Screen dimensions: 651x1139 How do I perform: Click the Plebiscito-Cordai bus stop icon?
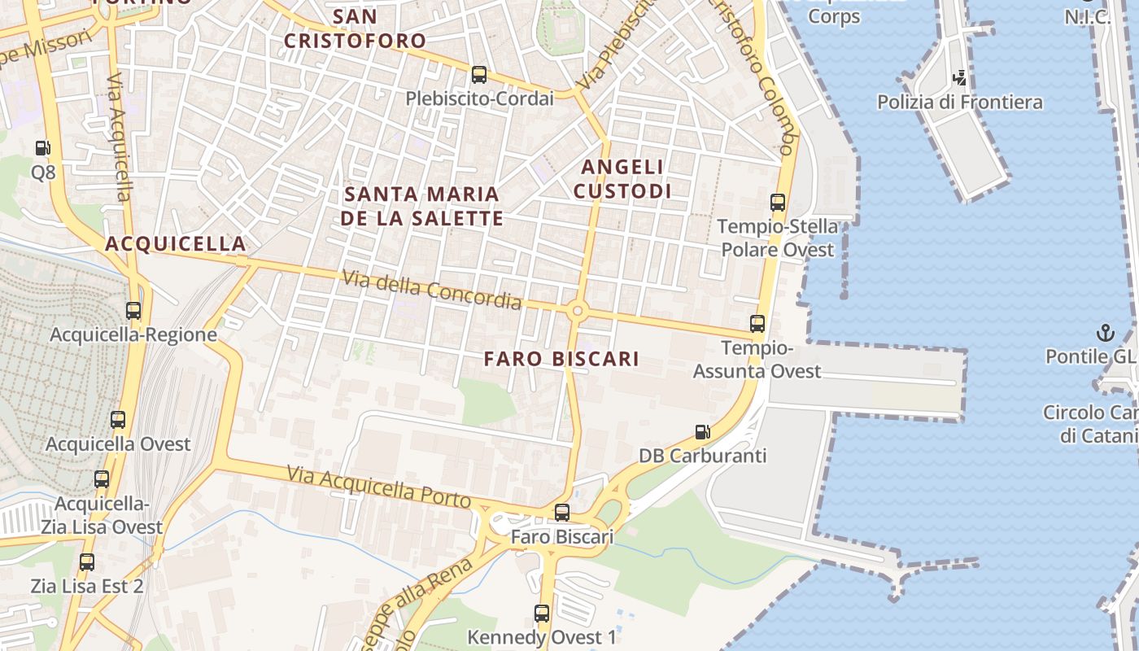point(479,75)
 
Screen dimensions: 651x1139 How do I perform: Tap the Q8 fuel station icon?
point(42,148)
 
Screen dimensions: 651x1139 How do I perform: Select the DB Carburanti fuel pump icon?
point(702,432)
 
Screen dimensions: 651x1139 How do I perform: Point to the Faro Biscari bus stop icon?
point(562,513)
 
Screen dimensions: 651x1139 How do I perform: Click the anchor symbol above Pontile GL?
point(1105,332)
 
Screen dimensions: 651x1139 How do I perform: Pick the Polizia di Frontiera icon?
point(960,78)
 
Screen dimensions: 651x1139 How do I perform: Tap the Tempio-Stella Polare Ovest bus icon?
point(778,203)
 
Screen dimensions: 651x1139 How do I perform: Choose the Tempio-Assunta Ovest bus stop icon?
point(757,324)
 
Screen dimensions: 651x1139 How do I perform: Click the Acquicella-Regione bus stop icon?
point(133,311)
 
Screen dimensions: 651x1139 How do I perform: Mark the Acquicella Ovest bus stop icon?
point(118,420)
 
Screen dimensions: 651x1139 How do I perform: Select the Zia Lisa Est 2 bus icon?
point(87,561)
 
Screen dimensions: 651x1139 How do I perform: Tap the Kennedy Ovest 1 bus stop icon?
point(542,614)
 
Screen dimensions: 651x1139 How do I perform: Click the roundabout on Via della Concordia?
point(578,310)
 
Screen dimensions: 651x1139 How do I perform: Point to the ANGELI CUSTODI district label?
point(623,179)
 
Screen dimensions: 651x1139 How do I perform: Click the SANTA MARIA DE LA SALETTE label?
point(421,206)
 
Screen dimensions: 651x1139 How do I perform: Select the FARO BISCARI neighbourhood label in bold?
point(561,359)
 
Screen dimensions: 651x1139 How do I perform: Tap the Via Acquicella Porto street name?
point(379,486)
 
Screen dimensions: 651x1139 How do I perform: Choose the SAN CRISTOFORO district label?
point(355,28)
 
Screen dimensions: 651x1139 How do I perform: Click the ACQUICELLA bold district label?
point(176,243)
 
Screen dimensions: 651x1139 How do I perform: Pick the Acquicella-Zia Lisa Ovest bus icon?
point(102,479)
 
